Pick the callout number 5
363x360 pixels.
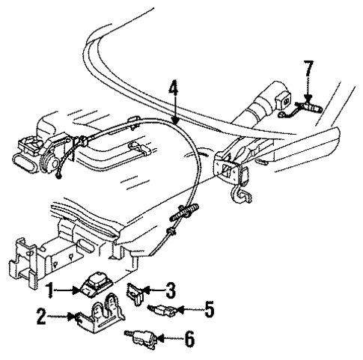[x=210, y=307]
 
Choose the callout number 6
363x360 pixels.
[x=189, y=339]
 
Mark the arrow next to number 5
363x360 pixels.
[x=190, y=307]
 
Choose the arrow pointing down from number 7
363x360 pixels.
[x=308, y=91]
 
